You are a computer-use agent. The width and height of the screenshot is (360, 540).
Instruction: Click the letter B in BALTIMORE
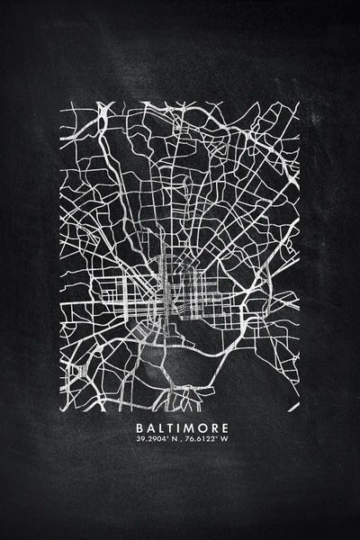139,427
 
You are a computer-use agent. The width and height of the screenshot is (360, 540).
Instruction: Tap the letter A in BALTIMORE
150,427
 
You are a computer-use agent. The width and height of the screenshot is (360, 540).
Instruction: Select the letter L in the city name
161,427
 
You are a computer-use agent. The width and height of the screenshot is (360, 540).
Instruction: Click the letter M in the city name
190,427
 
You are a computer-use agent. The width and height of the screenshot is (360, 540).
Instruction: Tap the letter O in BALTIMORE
202,427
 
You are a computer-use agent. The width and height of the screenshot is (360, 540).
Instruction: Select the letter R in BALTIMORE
214,427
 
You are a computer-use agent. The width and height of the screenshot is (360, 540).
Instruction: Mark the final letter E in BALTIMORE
225,427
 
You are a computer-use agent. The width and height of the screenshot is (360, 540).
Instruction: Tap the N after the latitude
172,439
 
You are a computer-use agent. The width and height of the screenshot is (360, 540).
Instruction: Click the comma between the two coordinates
180,441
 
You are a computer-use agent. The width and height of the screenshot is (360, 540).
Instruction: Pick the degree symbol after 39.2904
166,436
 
